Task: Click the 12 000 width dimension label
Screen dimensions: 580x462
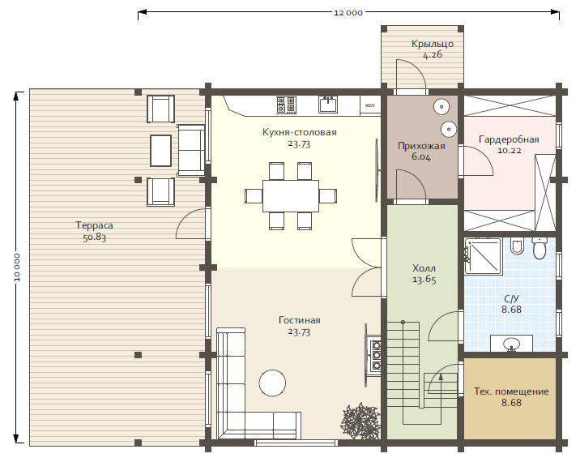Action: (x=348, y=13)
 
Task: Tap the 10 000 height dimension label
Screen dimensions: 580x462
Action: (x=17, y=267)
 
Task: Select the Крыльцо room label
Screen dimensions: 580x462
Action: (x=433, y=44)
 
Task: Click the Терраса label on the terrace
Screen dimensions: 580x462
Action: (x=94, y=225)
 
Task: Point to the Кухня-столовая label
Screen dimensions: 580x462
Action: (x=300, y=132)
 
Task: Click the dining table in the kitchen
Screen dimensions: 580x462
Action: (x=291, y=196)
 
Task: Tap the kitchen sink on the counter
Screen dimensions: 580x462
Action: (x=328, y=105)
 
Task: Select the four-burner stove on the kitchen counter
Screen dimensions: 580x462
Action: (x=286, y=105)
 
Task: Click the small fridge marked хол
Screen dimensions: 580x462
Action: (x=370, y=105)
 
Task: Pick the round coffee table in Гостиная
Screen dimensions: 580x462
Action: (x=272, y=383)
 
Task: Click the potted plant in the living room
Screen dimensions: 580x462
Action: (x=360, y=421)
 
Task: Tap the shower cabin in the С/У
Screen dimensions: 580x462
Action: (x=483, y=256)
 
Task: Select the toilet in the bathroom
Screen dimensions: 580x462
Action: (x=539, y=248)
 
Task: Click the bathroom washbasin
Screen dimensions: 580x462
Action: (x=512, y=344)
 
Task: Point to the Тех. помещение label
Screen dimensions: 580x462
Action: (x=511, y=391)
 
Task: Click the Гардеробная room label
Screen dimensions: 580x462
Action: (x=509, y=139)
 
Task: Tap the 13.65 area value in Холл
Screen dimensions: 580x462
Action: (x=424, y=280)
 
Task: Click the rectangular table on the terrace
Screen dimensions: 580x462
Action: (x=161, y=151)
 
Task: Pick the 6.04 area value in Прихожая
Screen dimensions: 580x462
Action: (x=421, y=157)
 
